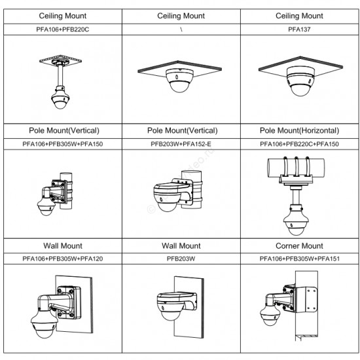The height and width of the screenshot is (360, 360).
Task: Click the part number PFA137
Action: (299, 29)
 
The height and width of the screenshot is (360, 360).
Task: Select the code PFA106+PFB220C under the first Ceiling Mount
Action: (63, 29)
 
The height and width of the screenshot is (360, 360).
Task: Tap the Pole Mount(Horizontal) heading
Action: (299, 131)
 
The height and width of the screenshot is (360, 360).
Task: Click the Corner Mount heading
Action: (299, 246)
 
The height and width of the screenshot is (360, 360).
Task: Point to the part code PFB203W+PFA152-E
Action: (181, 144)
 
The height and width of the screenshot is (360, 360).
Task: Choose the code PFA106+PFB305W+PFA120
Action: (63, 259)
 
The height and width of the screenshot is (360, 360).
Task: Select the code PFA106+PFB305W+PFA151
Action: (299, 259)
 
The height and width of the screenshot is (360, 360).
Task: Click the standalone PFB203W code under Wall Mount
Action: (181, 259)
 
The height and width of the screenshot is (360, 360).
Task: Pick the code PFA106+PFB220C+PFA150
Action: (299, 144)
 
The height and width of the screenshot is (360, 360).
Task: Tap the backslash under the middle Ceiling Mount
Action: (181, 29)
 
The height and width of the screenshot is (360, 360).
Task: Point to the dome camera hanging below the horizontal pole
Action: (295, 221)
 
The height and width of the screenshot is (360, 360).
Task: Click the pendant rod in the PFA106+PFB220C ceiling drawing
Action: (60, 76)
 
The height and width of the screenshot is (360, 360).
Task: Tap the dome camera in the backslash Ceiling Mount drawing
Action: (180, 81)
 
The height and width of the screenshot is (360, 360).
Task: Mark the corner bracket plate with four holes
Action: (306, 299)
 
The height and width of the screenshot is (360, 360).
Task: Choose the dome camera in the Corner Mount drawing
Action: (270, 315)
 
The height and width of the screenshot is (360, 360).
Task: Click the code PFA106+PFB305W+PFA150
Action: (63, 144)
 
